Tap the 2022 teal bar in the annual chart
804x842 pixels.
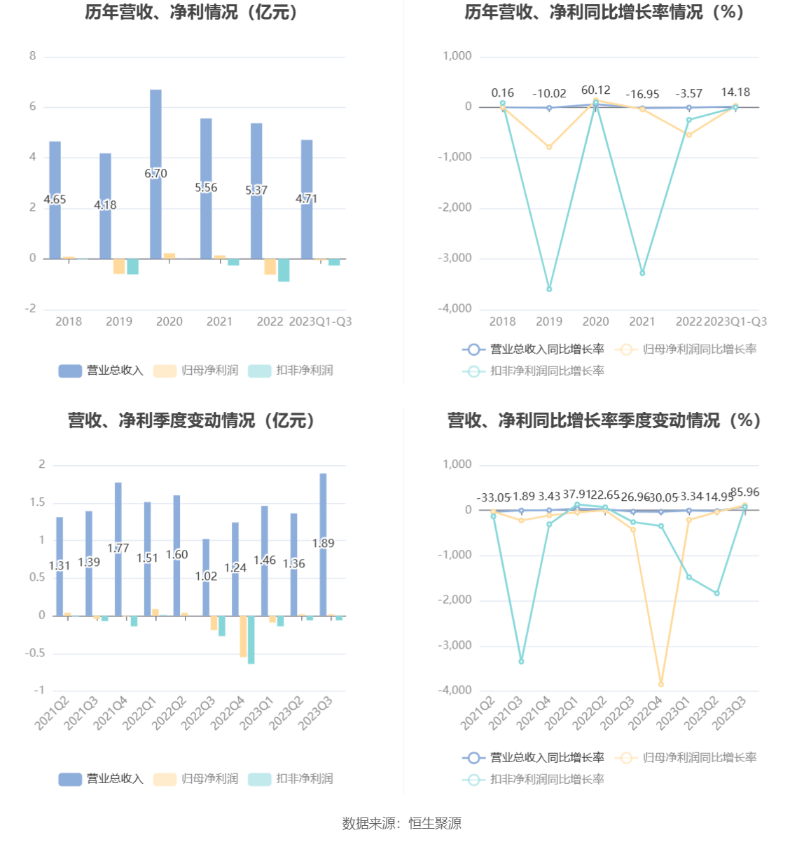click(284, 270)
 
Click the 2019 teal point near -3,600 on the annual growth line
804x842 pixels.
click(549, 289)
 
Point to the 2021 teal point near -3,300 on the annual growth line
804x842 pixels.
click(642, 272)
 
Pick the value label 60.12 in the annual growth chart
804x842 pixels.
click(596, 90)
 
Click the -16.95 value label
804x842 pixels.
click(642, 94)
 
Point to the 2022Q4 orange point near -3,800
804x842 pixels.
click(660, 684)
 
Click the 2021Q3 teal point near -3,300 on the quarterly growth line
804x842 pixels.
click(521, 661)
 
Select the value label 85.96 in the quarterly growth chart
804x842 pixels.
click(745, 492)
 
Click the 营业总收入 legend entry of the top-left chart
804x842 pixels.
click(101, 371)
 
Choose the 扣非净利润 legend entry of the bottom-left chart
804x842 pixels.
click(291, 779)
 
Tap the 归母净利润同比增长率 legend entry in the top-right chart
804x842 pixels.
click(686, 349)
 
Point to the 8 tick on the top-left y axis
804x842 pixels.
click(33, 56)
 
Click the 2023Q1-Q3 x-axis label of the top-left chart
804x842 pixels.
click(320, 322)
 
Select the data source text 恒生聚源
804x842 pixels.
click(435, 824)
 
